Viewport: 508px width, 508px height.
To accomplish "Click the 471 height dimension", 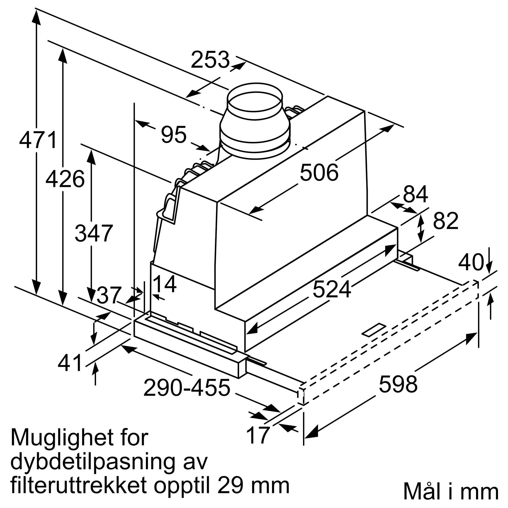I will pyautogui.click(x=38, y=140).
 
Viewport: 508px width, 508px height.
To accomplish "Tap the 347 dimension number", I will pyautogui.click(x=94, y=233).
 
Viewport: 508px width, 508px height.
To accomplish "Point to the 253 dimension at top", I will pyautogui.click(x=210, y=60).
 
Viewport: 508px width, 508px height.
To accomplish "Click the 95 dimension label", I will pyautogui.click(x=174, y=135).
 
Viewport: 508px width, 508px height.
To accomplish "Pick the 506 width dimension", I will pyautogui.click(x=319, y=173).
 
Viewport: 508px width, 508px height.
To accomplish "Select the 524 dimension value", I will pyautogui.click(x=331, y=289).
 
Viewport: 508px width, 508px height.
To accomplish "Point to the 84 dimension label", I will pyautogui.click(x=416, y=194).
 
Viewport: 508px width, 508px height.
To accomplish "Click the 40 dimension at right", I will pyautogui.click(x=471, y=262).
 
